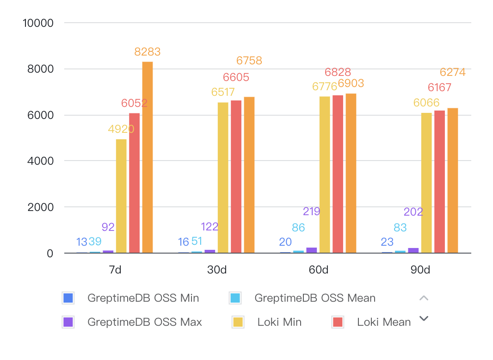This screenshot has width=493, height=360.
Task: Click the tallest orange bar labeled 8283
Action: pyautogui.click(x=148, y=157)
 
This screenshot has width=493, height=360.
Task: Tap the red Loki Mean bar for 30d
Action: pyautogui.click(x=236, y=176)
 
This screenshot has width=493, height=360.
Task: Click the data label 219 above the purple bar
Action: pyautogui.click(x=312, y=211)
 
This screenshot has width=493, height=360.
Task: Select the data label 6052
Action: pyautogui.click(x=134, y=103)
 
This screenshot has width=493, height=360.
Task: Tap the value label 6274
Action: pyautogui.click(x=452, y=72)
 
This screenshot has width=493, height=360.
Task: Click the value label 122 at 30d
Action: pyautogui.click(x=210, y=227)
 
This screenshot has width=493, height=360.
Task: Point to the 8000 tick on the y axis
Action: pyautogui.click(x=41, y=69)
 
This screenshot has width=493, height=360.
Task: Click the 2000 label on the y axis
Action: pyautogui.click(x=41, y=207)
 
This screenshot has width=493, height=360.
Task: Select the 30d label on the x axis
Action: pyautogui.click(x=217, y=270)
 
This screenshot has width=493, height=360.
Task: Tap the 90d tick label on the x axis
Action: pyautogui.click(x=420, y=270)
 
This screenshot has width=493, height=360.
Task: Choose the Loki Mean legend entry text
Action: pyautogui.click(x=384, y=322)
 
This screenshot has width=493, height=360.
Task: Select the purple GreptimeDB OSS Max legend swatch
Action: pyautogui.click(x=68, y=322)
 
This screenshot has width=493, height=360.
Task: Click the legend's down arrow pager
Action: pyautogui.click(x=424, y=318)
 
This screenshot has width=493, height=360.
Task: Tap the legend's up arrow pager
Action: pyautogui.click(x=424, y=298)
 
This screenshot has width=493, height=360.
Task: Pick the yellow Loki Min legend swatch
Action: pyautogui.click(x=238, y=322)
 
